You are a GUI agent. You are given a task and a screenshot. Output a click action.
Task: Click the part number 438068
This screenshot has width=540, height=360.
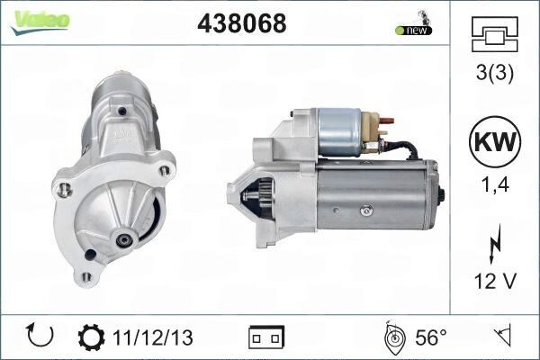pos(241,24)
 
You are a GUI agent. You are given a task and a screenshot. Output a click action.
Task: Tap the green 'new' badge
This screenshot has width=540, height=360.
pos(413,30)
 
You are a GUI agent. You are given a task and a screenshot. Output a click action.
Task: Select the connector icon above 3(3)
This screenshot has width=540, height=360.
pos(494,35)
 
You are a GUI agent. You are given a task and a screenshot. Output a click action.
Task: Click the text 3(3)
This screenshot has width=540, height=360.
pos(494,73)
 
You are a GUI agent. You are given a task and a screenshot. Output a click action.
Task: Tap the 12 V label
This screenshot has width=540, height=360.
pos(494,282)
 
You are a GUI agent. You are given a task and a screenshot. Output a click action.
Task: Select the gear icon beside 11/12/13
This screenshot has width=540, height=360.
pos(91,337)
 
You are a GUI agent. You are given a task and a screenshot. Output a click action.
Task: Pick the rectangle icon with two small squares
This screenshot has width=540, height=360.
pos(266,337)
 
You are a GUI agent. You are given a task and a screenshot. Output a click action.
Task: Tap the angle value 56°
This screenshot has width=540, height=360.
pos(430,337)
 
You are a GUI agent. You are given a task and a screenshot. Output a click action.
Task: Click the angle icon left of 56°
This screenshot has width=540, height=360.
pos(393,337)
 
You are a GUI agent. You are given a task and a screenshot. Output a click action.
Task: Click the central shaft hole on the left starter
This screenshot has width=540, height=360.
pos(122,240)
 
